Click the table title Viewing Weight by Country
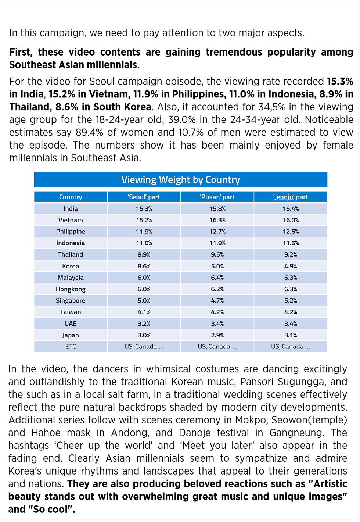[x=180, y=180]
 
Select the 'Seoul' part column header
[x=144, y=197]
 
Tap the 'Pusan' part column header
[x=217, y=197]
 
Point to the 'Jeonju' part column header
[x=291, y=197]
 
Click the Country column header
[x=71, y=197]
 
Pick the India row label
[x=71, y=209]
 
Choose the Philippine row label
[x=71, y=232]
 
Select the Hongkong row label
[x=71, y=289]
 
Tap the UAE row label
[x=71, y=324]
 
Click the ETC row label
[x=71, y=347]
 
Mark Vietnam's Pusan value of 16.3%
[x=217, y=220]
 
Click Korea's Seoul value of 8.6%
[x=144, y=266]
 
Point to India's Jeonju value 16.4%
[x=291, y=209]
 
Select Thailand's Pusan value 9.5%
[x=217, y=254]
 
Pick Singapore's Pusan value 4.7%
[x=217, y=301]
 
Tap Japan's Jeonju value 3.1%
[x=291, y=335]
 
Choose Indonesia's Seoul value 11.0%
[x=144, y=243]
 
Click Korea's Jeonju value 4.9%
[x=291, y=266]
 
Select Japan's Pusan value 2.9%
[x=217, y=335]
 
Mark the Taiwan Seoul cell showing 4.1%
[x=144, y=312]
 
